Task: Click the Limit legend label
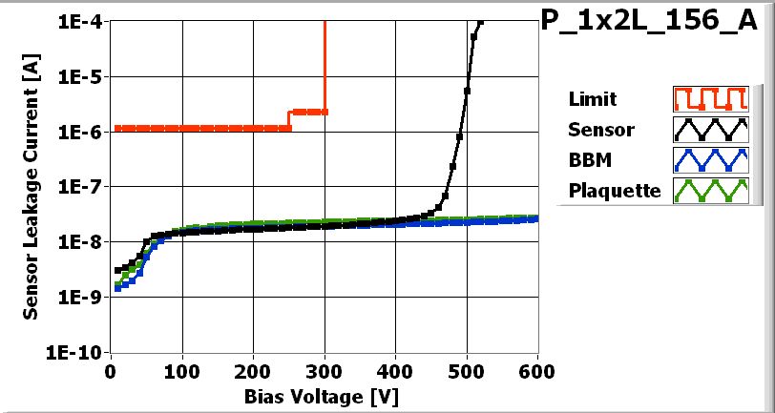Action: pyautogui.click(x=592, y=99)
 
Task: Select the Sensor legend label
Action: pyautogui.click(x=599, y=129)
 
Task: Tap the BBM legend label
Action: pyautogui.click(x=587, y=159)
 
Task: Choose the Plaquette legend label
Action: pyautogui.click(x=614, y=190)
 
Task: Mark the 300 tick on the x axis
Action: pyautogui.click(x=325, y=369)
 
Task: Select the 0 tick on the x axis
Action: pyautogui.click(x=112, y=369)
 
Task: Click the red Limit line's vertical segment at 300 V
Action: pyautogui.click(x=325, y=67)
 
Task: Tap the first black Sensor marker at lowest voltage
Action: pyautogui.click(x=118, y=270)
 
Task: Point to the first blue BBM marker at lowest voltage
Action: pyautogui.click(x=118, y=287)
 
